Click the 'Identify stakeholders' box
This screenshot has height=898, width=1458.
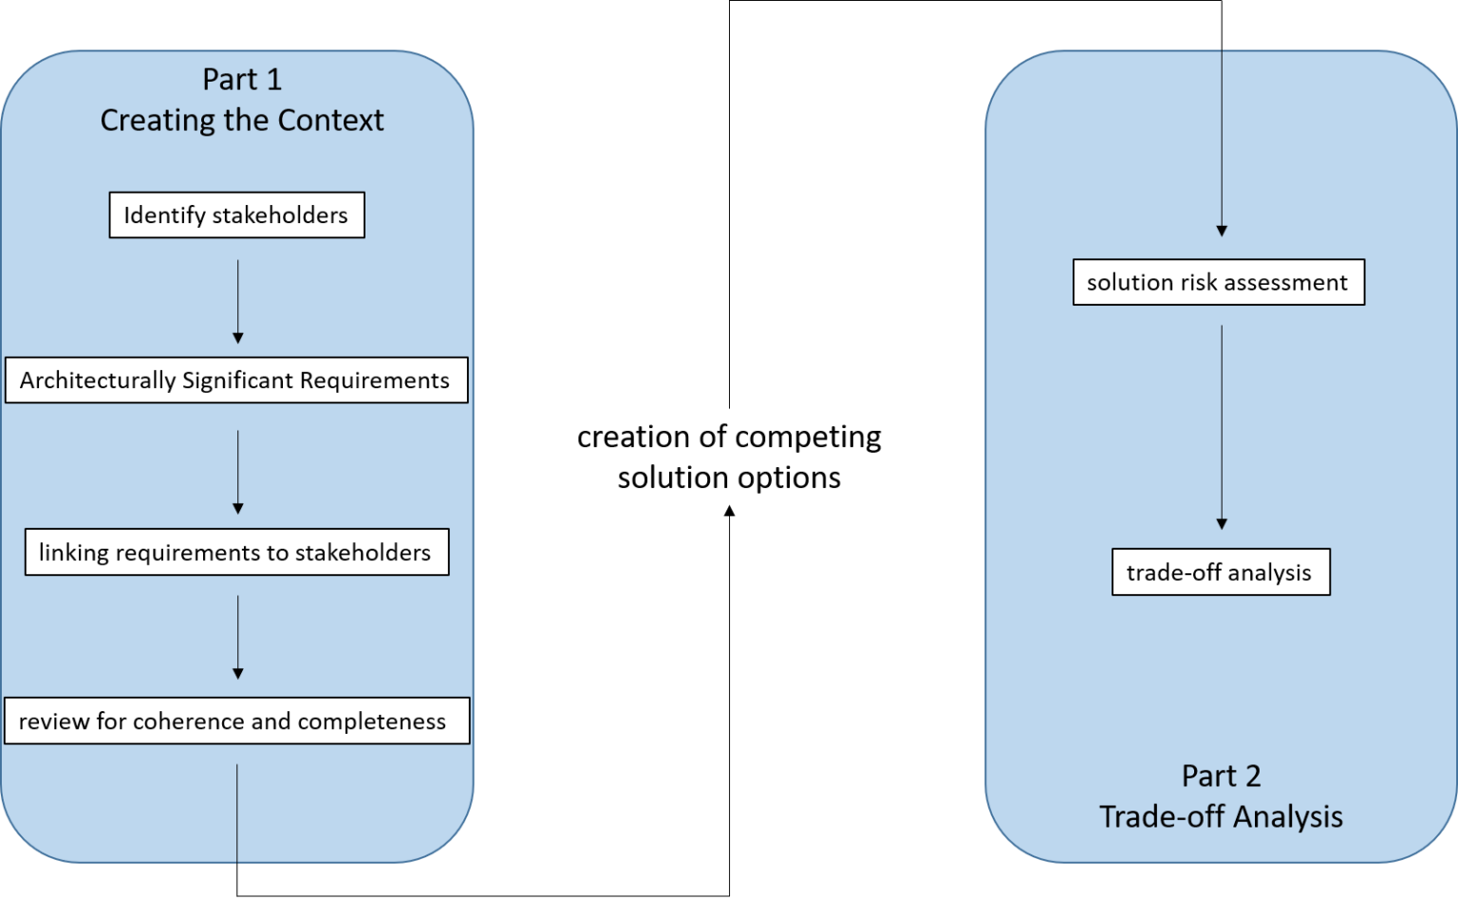(x=236, y=215)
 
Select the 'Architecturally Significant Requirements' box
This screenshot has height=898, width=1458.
(x=236, y=381)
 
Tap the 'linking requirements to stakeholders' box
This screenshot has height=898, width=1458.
(x=236, y=552)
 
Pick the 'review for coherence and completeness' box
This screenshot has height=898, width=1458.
(x=236, y=721)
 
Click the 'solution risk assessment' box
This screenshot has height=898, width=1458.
(x=1218, y=283)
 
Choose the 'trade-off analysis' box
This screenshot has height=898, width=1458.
(x=1221, y=572)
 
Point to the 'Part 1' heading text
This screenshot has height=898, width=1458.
(x=242, y=80)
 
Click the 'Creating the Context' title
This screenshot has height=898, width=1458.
(x=242, y=121)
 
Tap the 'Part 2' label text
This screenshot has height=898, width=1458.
(x=1221, y=776)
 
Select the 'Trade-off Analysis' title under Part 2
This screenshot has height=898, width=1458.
(x=1221, y=816)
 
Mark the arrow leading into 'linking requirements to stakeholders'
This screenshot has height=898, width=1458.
(x=237, y=472)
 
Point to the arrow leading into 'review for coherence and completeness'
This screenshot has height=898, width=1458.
(x=237, y=637)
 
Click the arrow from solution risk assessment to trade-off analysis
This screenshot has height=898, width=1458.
(x=1222, y=427)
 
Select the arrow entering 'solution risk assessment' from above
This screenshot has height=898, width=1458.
(x=1222, y=142)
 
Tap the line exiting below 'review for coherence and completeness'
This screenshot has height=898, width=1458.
(x=237, y=813)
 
